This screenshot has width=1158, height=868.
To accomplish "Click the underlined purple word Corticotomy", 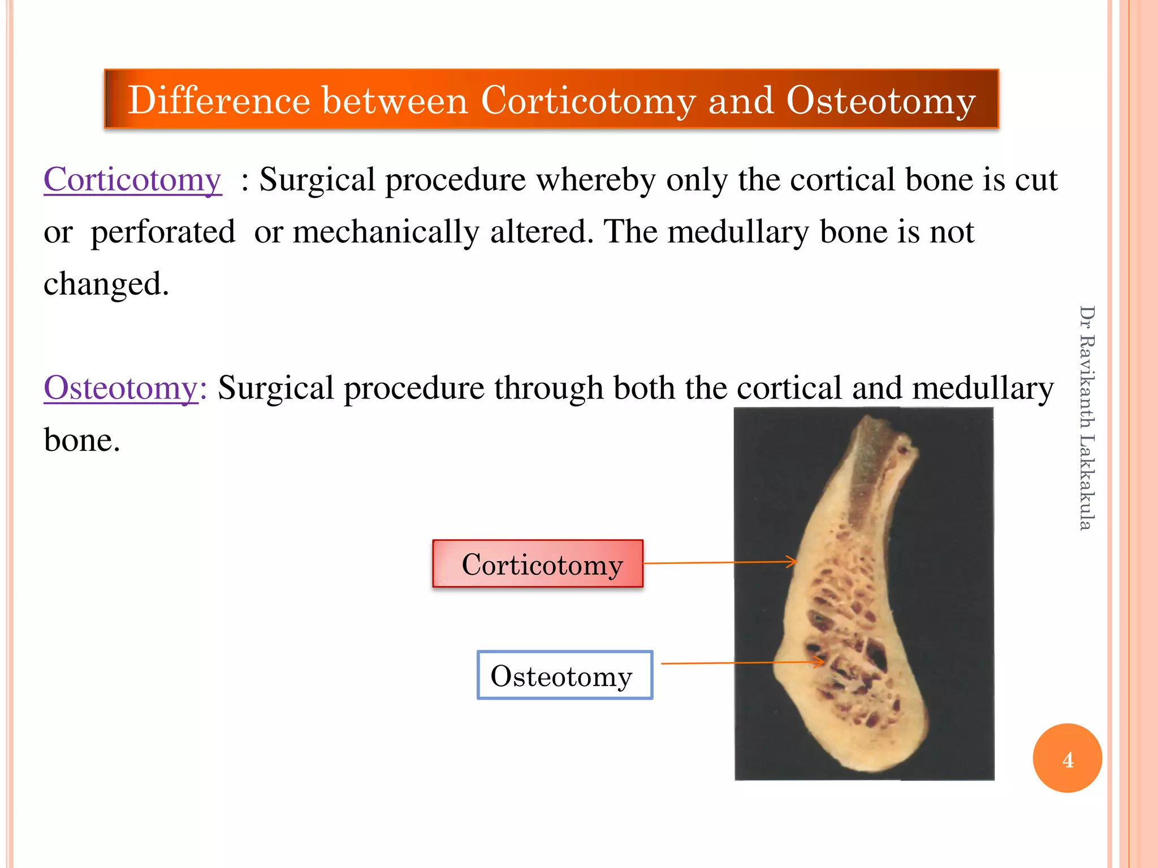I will pos(132,180).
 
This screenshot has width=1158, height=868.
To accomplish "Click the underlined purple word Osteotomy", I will pos(121,388).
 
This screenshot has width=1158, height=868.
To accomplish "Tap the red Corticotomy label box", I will pos(538,564).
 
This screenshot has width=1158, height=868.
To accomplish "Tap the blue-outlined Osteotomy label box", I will pos(564,675).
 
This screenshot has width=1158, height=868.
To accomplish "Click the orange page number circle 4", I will pos(1067,758).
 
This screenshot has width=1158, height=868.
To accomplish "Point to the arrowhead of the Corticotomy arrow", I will pos(793,562).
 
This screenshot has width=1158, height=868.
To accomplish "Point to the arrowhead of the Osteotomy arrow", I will pos(820,662).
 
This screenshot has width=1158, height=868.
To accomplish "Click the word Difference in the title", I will pos(219,101).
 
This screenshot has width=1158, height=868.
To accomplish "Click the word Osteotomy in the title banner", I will pos(880,101).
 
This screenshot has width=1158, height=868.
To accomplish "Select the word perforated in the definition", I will pos(163,232).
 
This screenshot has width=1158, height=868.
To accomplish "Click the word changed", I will pos(106,284).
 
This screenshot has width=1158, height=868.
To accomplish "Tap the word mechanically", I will pos(386,232).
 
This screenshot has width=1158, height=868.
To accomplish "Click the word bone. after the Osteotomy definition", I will pos(82,440).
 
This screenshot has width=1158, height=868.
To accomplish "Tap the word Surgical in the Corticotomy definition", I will pos(317,180).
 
